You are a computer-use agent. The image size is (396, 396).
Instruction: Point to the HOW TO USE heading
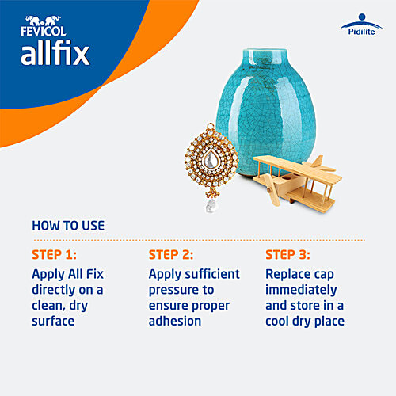click(68, 226)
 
